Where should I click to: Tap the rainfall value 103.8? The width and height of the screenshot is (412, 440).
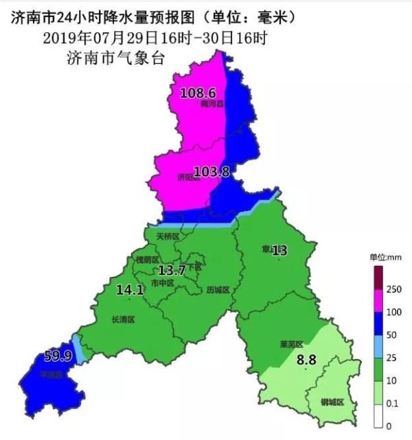coord(211,173)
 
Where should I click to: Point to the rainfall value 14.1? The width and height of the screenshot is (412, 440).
coord(130,290)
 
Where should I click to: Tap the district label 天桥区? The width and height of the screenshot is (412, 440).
coord(168,236)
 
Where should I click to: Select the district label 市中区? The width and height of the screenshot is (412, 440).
coord(162,282)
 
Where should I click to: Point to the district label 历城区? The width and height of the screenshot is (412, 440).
coord(217,290)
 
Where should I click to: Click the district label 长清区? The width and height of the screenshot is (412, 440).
coord(123,319)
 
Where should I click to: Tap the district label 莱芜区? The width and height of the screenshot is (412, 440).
coord(291,344)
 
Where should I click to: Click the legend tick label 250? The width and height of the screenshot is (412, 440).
coord(394,290)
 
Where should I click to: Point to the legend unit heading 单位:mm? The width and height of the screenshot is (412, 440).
coord(385,257)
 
